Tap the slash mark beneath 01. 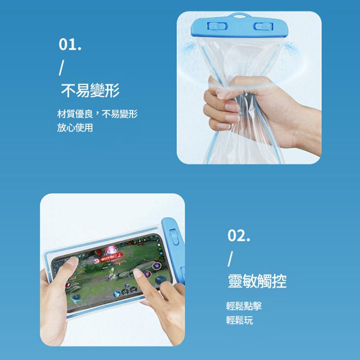pos(60,68)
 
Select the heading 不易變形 pos(90,90)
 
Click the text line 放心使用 pos(74,128)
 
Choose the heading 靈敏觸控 pos(257,281)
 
